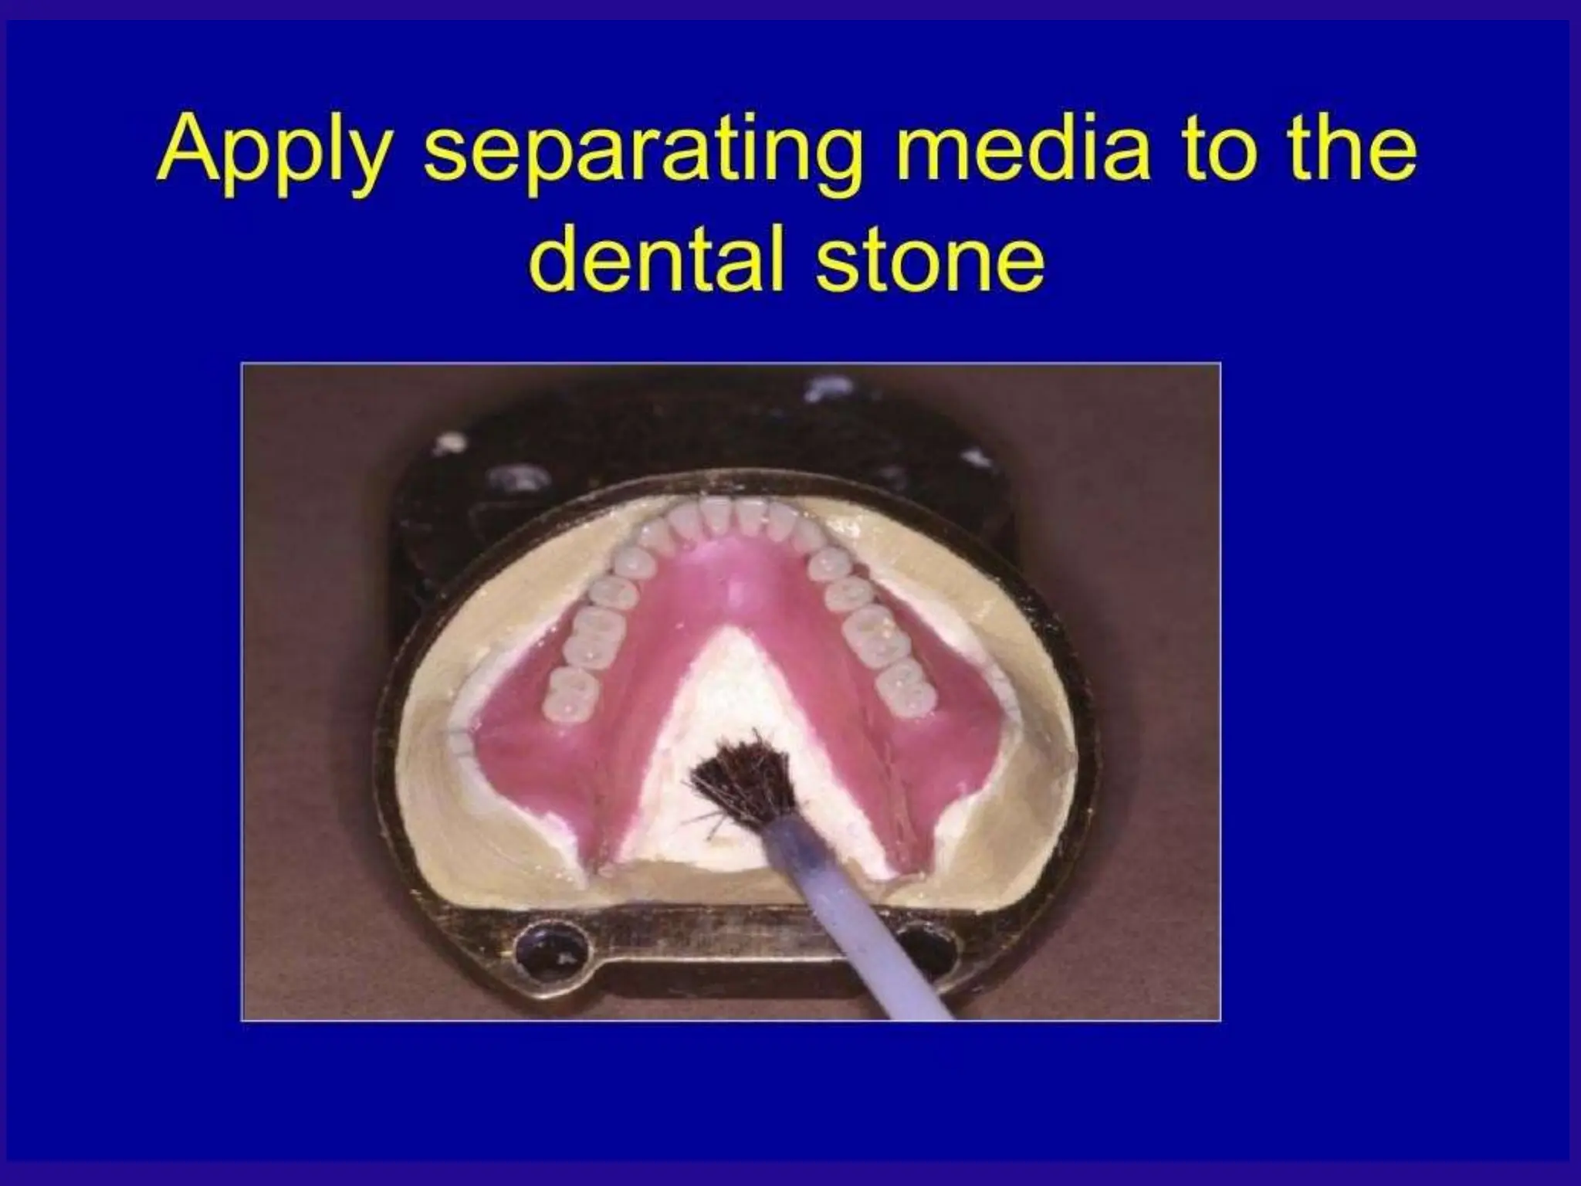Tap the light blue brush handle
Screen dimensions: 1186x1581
857,911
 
